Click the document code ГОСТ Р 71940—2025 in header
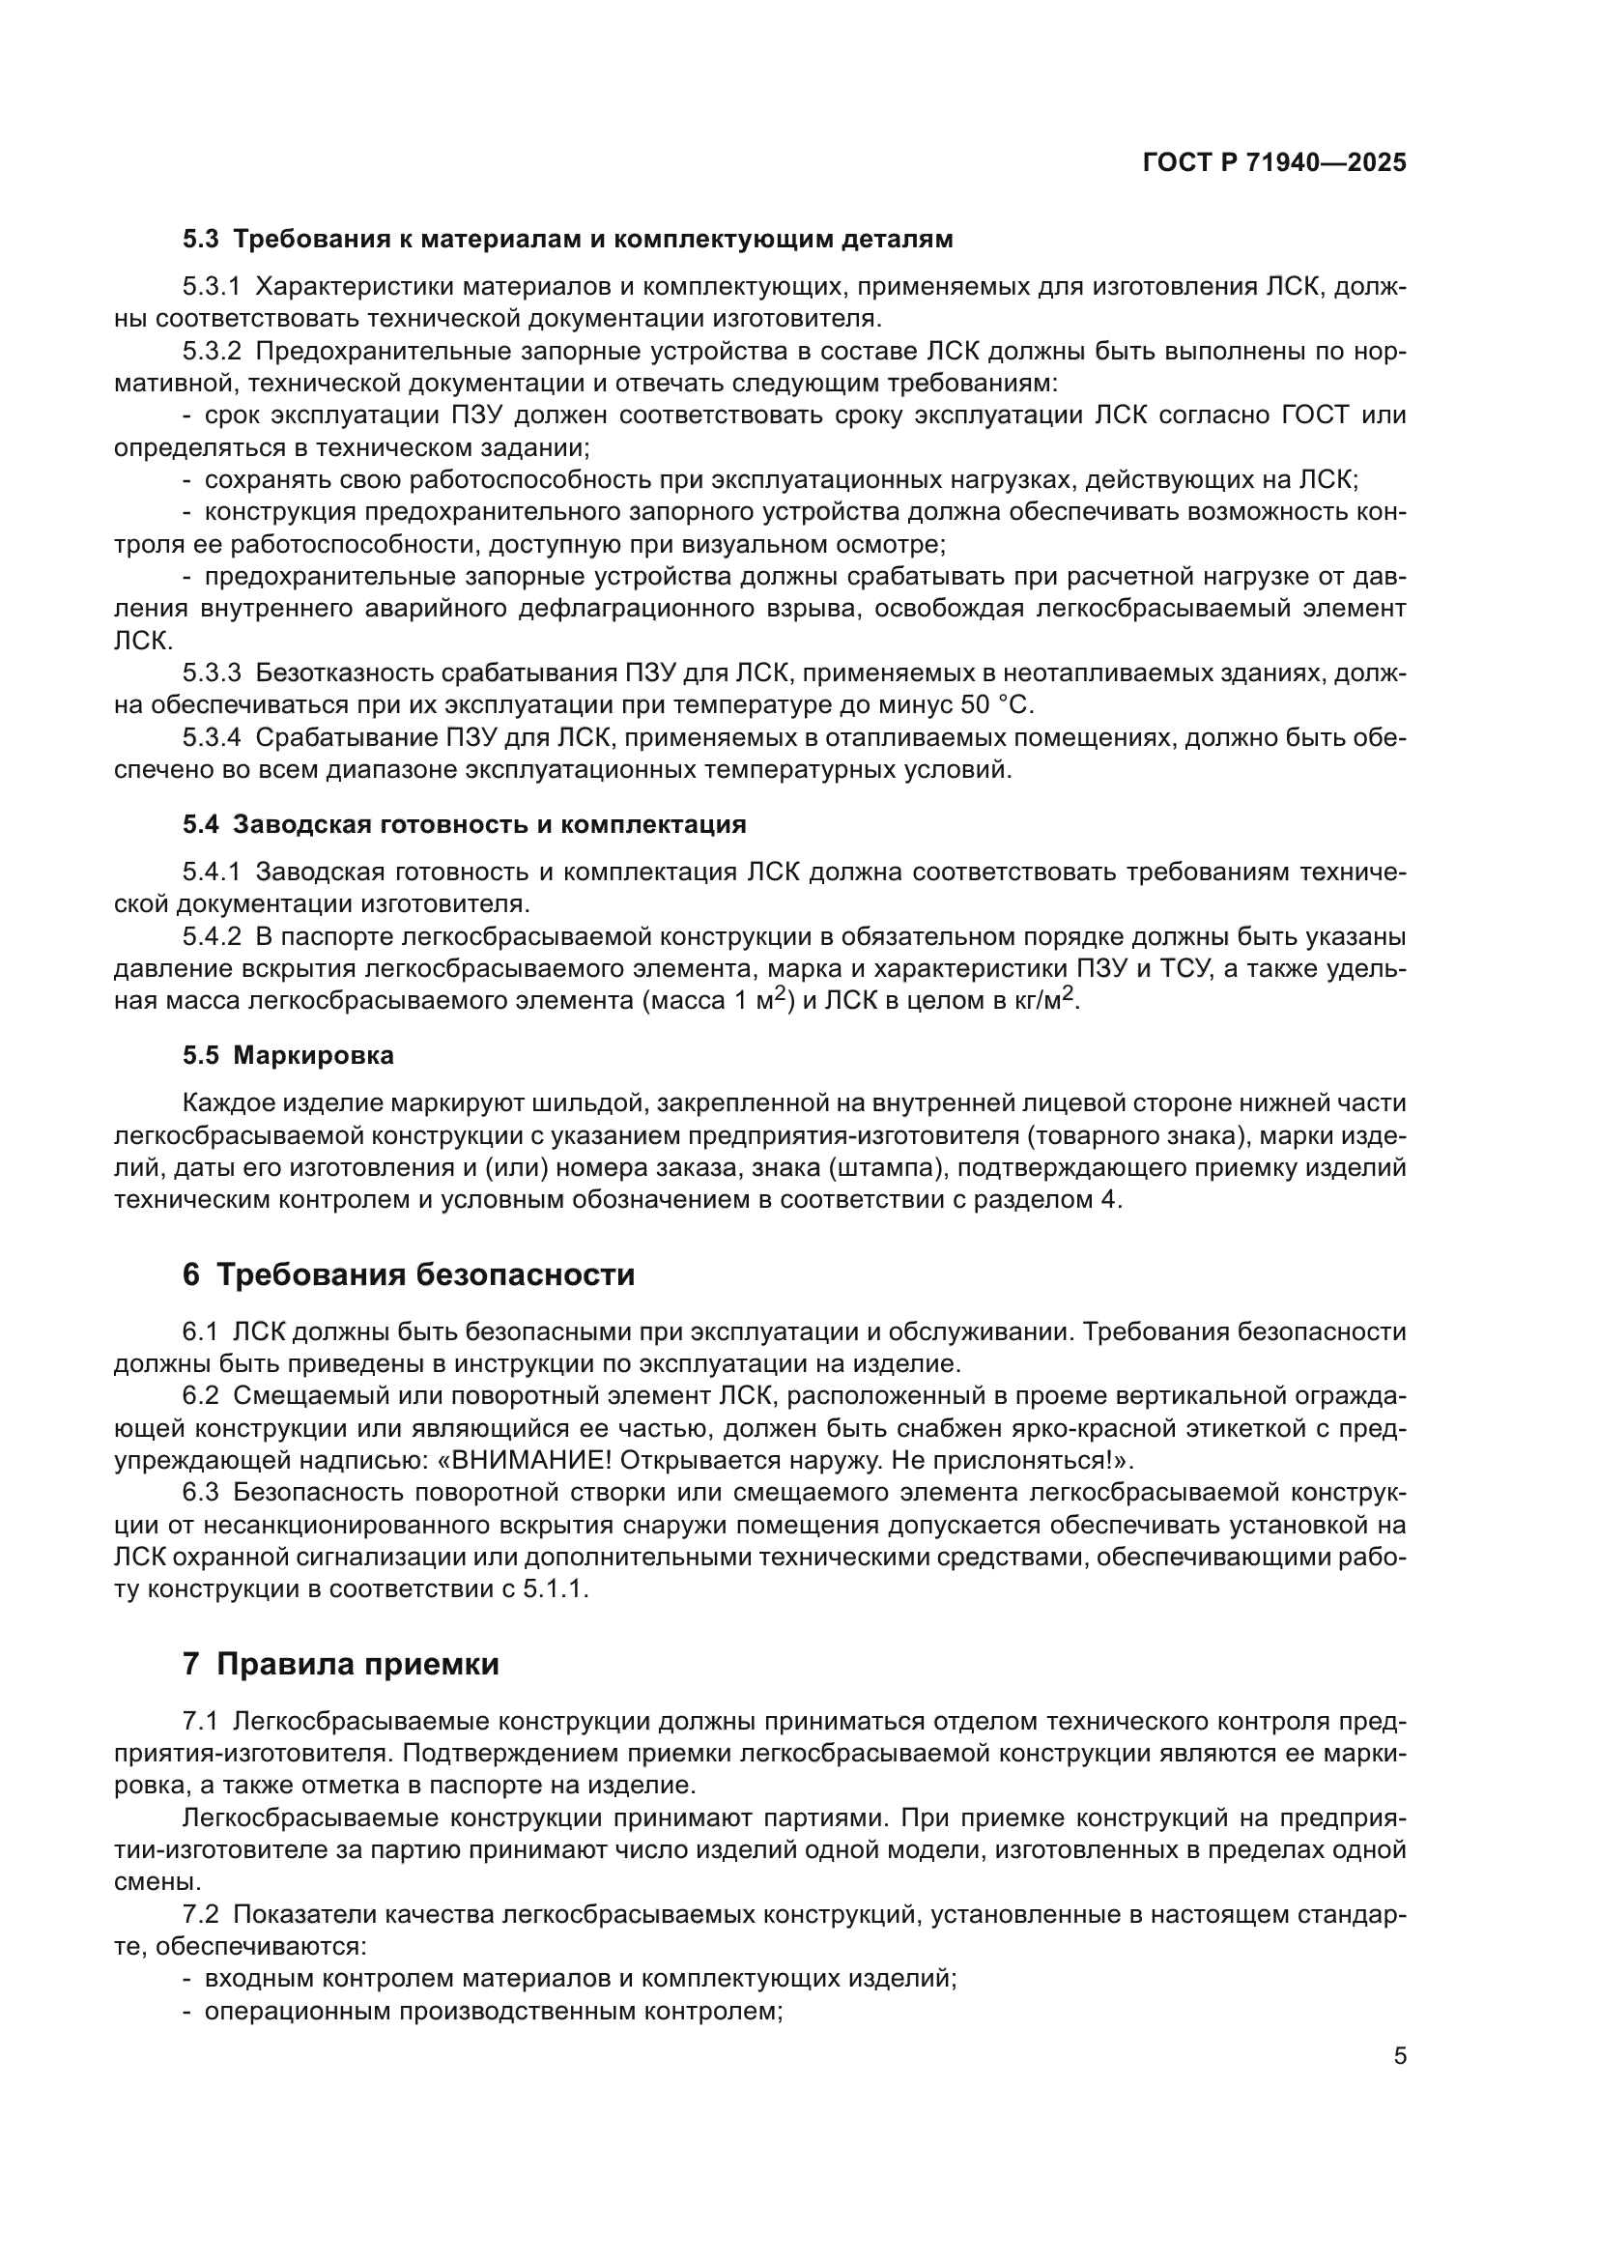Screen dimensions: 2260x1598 [1274, 163]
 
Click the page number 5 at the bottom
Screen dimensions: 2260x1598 [1400, 2055]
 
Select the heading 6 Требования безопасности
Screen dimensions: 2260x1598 [409, 1274]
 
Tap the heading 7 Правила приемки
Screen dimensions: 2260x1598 [340, 1665]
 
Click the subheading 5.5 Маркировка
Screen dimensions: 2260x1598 [288, 1055]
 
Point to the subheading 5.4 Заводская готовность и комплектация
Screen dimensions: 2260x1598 [465, 825]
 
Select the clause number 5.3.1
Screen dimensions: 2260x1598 [212, 287]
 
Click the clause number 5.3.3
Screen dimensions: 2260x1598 [212, 673]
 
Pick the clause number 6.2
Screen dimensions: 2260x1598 [200, 1396]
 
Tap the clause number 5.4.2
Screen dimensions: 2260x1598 [212, 937]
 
